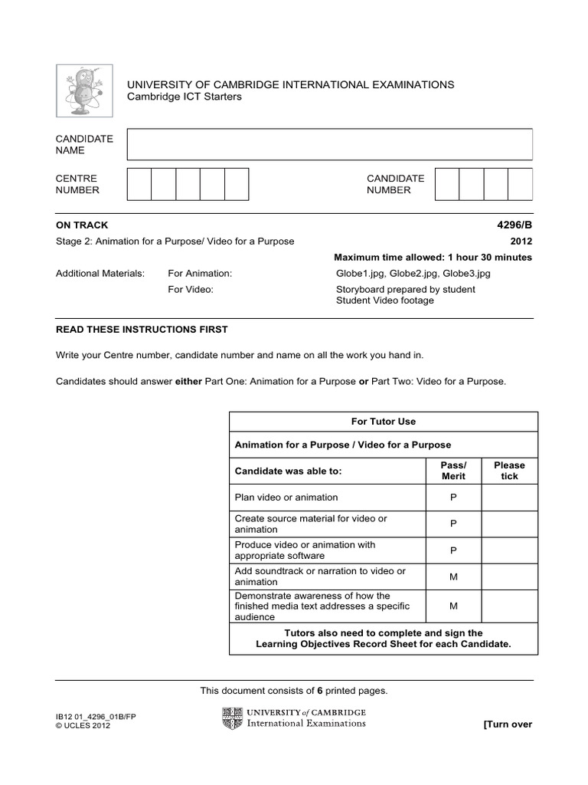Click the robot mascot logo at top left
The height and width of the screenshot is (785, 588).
pos(84,90)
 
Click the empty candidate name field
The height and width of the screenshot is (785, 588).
pos(329,144)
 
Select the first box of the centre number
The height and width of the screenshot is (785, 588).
pos(139,184)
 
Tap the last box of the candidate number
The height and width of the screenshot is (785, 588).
pos(520,184)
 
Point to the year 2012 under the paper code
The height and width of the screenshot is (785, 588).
pos(521,241)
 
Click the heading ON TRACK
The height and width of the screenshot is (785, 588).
pos(82,225)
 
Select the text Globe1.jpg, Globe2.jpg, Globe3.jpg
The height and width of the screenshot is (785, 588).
pos(413,273)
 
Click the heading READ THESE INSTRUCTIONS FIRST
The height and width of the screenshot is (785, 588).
pos(142,330)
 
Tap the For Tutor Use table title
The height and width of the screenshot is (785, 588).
pos(383,422)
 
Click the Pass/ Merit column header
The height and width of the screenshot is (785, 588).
pos(453,471)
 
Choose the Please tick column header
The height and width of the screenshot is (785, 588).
pos(509,471)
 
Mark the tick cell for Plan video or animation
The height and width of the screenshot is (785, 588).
pos(509,498)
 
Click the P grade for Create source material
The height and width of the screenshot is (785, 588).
pos(453,524)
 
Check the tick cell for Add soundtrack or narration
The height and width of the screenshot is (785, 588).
pos(509,576)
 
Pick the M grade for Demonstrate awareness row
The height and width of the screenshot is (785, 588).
pos(453,606)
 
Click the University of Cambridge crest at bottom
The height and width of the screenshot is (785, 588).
pos(230,718)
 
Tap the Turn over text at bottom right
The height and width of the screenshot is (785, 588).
pos(507,724)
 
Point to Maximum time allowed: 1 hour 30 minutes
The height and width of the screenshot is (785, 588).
pos(433,258)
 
